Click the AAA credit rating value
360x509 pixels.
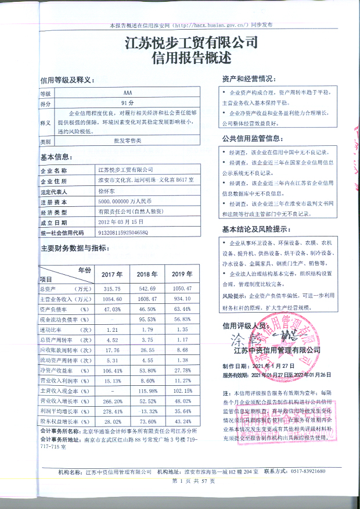click(128, 93)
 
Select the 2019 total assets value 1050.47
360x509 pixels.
click(182, 289)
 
